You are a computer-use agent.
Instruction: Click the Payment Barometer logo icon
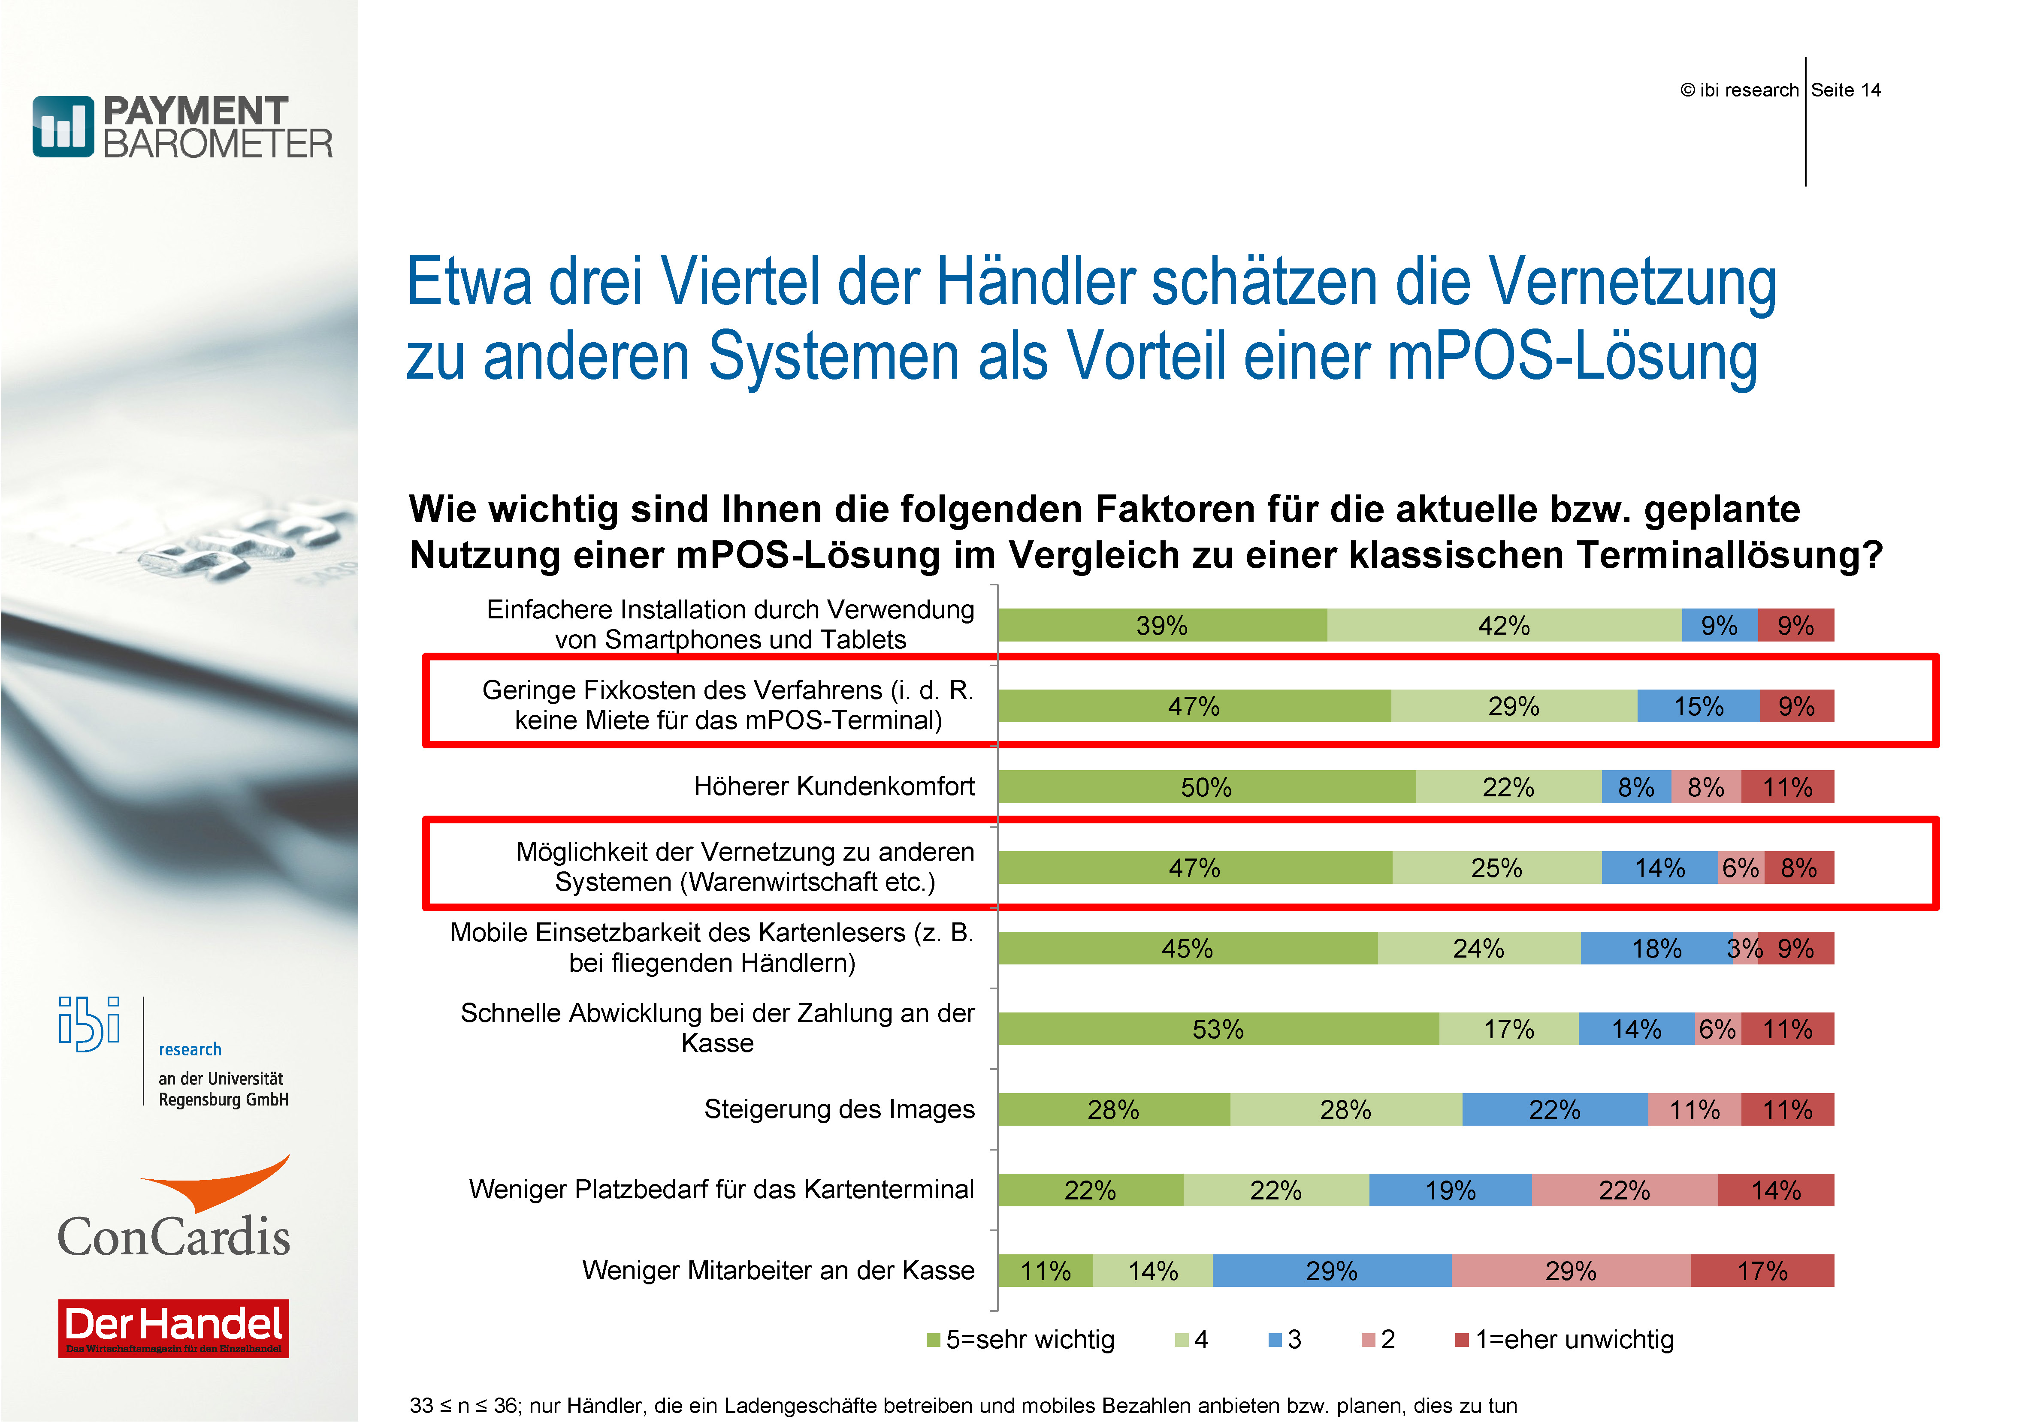point(63,127)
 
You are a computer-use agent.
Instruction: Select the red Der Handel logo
point(173,1328)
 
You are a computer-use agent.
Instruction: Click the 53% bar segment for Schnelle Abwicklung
point(1218,1028)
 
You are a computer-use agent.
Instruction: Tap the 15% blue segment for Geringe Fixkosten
point(1698,706)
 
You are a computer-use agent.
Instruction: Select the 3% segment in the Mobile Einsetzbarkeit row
point(1744,948)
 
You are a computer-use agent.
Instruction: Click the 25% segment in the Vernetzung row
point(1496,867)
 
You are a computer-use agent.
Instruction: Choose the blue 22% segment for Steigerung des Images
point(1554,1109)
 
